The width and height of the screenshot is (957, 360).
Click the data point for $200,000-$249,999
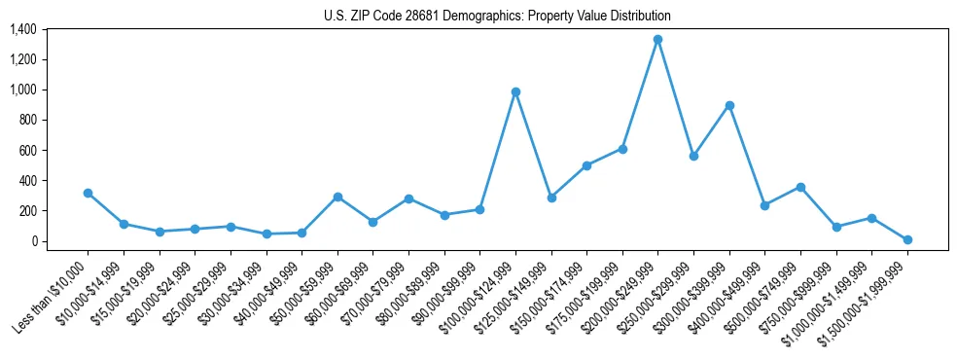pyautogui.click(x=657, y=40)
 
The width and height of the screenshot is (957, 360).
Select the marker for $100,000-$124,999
pyautogui.click(x=515, y=92)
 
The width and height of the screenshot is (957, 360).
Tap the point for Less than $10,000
pyautogui.click(x=88, y=193)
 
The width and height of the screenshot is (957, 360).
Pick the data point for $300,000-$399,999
pyautogui.click(x=728, y=105)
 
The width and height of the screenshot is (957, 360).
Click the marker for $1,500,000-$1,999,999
pyautogui.click(x=906, y=239)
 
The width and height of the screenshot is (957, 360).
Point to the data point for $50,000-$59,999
pyautogui.click(x=337, y=197)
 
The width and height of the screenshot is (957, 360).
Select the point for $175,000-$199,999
pyautogui.click(x=622, y=149)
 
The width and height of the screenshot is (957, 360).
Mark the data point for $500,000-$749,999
pyautogui.click(x=800, y=187)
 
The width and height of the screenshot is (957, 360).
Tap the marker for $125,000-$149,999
pyautogui.click(x=551, y=198)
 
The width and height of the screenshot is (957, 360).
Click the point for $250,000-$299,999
pyautogui.click(x=693, y=156)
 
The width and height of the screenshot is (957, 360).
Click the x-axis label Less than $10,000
pyautogui.click(x=52, y=298)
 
